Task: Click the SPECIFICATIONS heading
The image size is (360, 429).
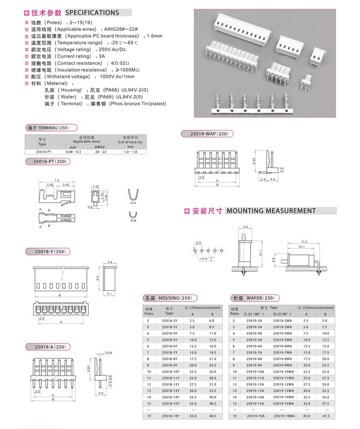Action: click(92, 12)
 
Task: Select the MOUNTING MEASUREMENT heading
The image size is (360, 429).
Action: click(271, 211)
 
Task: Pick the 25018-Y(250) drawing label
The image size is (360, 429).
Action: click(47, 251)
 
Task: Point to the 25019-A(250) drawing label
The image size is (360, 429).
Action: click(47, 346)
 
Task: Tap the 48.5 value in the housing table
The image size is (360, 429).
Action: click(213, 416)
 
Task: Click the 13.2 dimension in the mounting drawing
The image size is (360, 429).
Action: click(303, 241)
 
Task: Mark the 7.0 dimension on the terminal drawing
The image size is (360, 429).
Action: click(57, 180)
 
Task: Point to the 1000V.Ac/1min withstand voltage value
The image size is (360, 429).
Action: click(117, 76)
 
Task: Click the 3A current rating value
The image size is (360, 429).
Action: click(101, 56)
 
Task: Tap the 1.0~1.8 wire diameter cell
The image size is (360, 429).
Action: click(130, 152)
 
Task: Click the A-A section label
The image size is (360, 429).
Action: click(133, 203)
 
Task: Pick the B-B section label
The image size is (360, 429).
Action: click(133, 221)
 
